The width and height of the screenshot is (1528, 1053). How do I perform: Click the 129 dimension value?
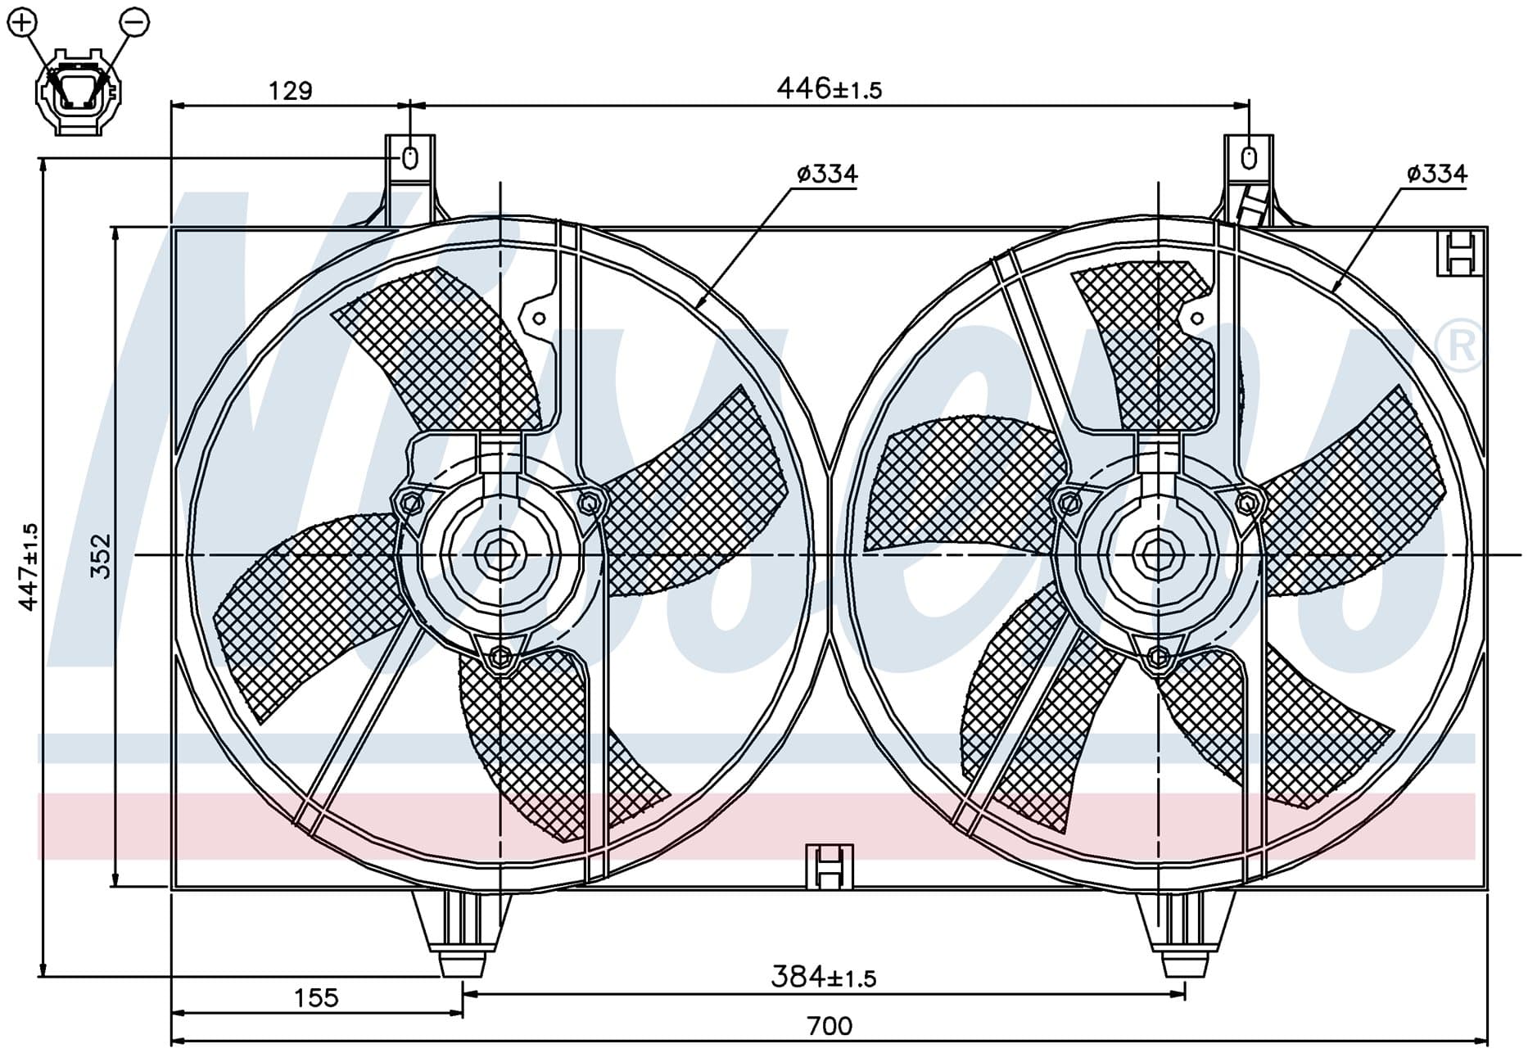(291, 90)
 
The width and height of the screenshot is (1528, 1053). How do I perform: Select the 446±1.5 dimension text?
(829, 88)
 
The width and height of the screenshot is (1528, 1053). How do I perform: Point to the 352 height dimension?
(101, 556)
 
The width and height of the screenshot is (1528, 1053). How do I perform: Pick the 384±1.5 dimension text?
(824, 976)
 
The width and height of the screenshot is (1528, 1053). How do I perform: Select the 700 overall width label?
(830, 1025)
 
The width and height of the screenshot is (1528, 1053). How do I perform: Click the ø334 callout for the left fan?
(827, 174)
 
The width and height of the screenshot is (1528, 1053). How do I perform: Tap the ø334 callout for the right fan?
(1437, 174)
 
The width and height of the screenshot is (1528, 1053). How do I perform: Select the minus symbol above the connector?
(134, 21)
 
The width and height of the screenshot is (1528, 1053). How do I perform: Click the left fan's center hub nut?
(497, 556)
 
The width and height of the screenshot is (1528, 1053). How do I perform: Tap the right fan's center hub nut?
(1157, 556)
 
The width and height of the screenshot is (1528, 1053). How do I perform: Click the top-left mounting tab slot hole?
(410, 157)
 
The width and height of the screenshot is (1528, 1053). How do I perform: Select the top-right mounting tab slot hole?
(1249, 157)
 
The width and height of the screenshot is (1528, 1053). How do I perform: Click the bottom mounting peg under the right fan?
(1185, 933)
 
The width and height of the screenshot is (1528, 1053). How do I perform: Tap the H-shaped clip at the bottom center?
(830, 866)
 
